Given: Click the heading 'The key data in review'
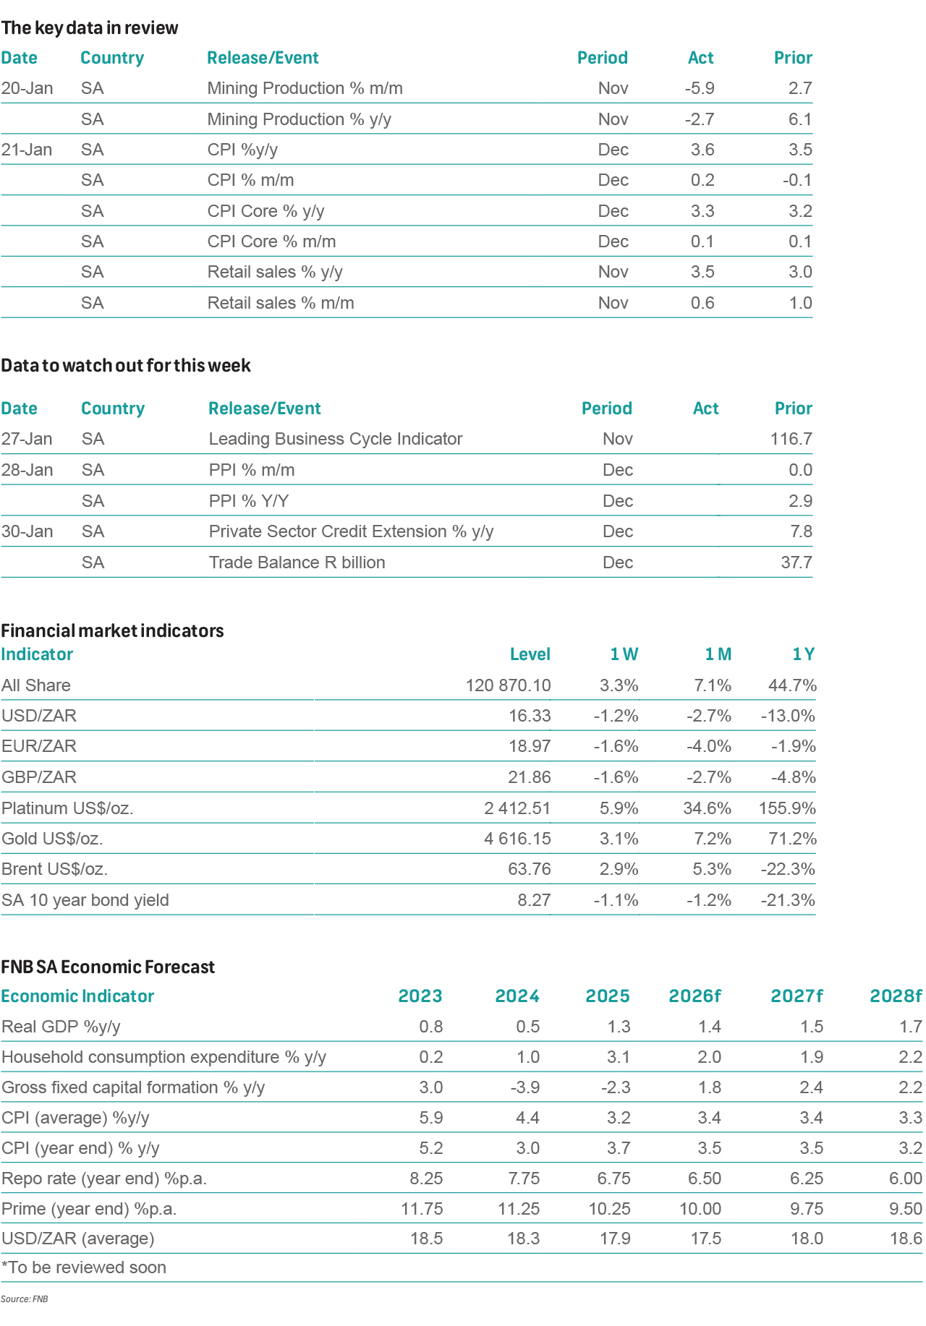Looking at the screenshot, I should pyautogui.click(x=90, y=28).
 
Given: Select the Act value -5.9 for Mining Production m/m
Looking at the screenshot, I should pyautogui.click(x=699, y=88).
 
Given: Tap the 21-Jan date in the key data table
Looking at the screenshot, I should pyautogui.click(x=27, y=150).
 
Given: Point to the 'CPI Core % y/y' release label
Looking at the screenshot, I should pyautogui.click(x=266, y=211).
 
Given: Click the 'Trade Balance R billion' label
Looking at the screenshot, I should pyautogui.click(x=297, y=563).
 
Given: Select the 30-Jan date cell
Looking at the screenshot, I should pyautogui.click(x=27, y=531).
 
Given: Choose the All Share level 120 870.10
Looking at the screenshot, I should pyautogui.click(x=508, y=685).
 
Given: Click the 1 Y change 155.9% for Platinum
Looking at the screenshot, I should pyautogui.click(x=787, y=808).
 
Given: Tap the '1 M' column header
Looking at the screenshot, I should pyautogui.click(x=718, y=654).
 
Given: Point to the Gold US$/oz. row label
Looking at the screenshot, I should pyautogui.click(x=52, y=839).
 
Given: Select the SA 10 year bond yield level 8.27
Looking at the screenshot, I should pyautogui.click(x=534, y=900).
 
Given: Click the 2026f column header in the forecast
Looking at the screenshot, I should pyautogui.click(x=694, y=996).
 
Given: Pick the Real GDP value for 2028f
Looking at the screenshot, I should pyautogui.click(x=910, y=1027).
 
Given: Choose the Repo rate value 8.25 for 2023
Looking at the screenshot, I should pyautogui.click(x=426, y=1179).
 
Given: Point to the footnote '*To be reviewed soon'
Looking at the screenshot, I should pyautogui.click(x=84, y=1267).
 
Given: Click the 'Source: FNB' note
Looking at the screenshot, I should pyautogui.click(x=25, y=1299).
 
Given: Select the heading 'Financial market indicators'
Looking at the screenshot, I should pyautogui.click(x=112, y=630).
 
